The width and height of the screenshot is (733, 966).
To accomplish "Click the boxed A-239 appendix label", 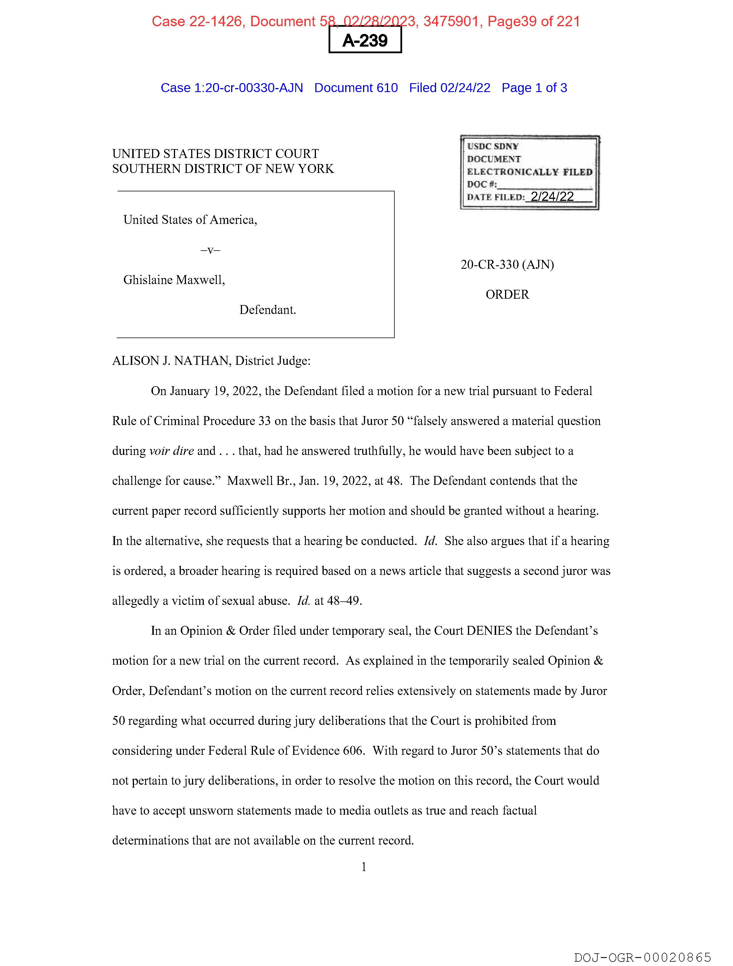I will tap(365, 40).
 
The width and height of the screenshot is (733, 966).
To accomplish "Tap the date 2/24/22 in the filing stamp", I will tap(552, 197).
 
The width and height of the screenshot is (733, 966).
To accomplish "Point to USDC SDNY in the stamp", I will tap(493, 146).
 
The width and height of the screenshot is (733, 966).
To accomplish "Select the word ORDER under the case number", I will tap(507, 294).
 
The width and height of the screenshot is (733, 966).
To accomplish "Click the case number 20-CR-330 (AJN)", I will tap(507, 265).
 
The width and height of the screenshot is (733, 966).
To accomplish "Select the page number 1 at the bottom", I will tap(364, 867).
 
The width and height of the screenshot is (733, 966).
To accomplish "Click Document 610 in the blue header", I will tap(356, 88).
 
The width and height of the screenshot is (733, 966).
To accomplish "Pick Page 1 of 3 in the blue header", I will tap(534, 88).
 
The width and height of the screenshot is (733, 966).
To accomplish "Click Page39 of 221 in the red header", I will tap(534, 21).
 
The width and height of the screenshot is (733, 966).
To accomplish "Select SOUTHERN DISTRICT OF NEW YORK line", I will tap(223, 169).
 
